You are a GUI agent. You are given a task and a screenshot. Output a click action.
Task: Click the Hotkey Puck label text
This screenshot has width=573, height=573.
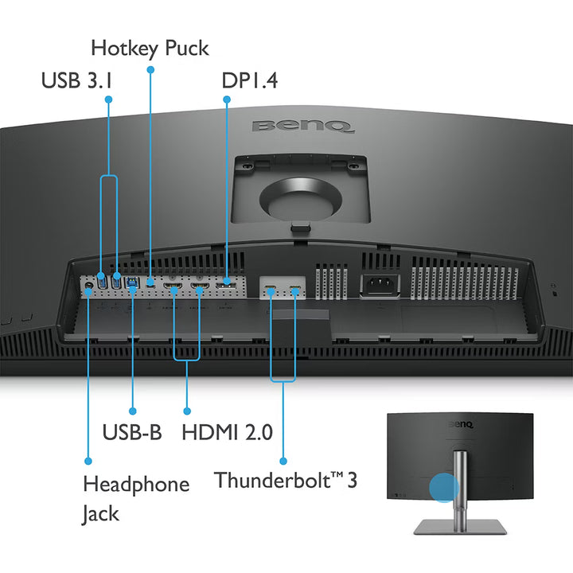150,48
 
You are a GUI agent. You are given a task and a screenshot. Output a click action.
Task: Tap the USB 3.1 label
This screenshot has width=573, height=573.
76,80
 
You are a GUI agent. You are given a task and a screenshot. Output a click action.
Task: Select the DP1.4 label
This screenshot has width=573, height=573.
249,80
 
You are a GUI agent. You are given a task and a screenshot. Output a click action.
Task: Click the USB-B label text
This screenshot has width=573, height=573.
132,432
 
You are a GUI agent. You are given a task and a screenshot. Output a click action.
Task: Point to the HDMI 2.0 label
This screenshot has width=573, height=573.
227,432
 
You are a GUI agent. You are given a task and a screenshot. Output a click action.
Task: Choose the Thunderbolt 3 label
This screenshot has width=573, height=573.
286,481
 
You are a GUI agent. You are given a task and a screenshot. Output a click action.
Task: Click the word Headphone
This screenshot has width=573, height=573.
136,484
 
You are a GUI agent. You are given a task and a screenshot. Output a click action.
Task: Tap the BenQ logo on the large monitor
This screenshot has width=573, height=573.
303,126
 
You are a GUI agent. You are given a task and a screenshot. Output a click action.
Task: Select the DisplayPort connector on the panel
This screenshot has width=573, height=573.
228,281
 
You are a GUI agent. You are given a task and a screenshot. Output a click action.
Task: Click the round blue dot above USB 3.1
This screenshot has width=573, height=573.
109,99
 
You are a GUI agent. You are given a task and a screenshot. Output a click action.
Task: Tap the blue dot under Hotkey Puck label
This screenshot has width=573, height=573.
150,70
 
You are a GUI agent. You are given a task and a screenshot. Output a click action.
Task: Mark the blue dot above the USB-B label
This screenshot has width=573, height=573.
132,411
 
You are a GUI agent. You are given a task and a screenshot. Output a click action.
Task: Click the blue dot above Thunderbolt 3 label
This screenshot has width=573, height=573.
283,461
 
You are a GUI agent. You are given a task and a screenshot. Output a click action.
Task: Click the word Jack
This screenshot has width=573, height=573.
100,513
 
